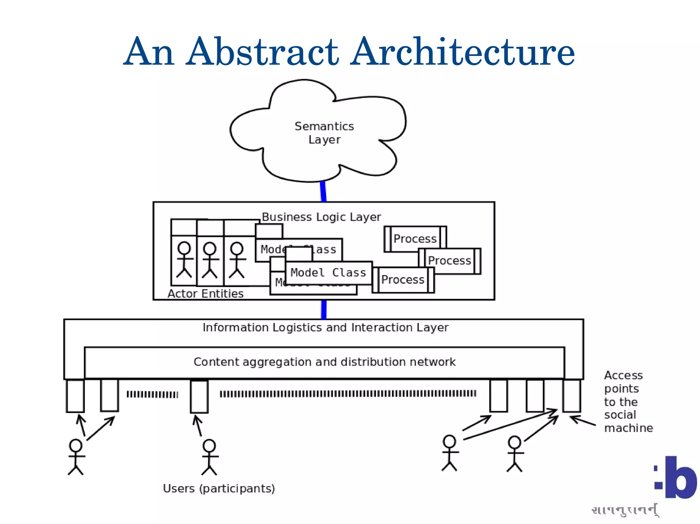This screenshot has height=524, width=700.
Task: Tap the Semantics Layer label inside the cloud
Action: coord(324,133)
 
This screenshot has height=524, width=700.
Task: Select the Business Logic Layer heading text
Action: coord(321,217)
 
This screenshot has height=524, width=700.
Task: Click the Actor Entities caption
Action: coord(205,294)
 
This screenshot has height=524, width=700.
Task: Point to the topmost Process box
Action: coord(415,239)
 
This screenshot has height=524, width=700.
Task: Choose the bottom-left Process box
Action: coord(403,280)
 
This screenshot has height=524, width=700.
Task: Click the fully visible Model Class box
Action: coord(328,273)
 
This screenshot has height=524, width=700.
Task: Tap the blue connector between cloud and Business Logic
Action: coord(323,192)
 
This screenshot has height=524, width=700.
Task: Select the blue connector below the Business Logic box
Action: coord(324,309)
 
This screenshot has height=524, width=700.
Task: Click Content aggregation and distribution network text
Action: coord(324,362)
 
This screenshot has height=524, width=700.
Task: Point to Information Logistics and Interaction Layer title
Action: coord(325,327)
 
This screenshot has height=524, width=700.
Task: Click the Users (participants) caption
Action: coord(219,488)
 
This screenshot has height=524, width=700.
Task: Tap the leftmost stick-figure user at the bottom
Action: coord(76,457)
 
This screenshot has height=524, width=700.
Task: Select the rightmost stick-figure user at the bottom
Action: coord(514,454)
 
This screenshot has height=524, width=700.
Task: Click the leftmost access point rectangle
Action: coord(75,396)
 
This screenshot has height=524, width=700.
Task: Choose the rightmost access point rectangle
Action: coord(571,396)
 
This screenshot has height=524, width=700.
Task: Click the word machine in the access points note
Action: coord(628,428)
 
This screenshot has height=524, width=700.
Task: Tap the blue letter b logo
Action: coord(680,478)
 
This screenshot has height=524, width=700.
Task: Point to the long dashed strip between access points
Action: coord(348,394)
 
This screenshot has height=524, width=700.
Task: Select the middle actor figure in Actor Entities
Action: coord(210,259)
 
